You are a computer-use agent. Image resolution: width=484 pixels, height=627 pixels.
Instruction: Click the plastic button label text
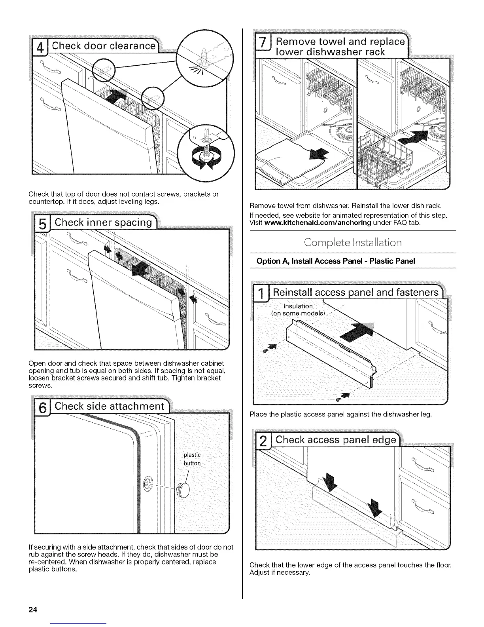pyautogui.click(x=192, y=459)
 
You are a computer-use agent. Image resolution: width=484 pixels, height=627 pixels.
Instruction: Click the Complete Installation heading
pyautogui.click(x=353, y=242)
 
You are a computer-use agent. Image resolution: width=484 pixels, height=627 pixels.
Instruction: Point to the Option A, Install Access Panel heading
pyautogui.click(x=336, y=261)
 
